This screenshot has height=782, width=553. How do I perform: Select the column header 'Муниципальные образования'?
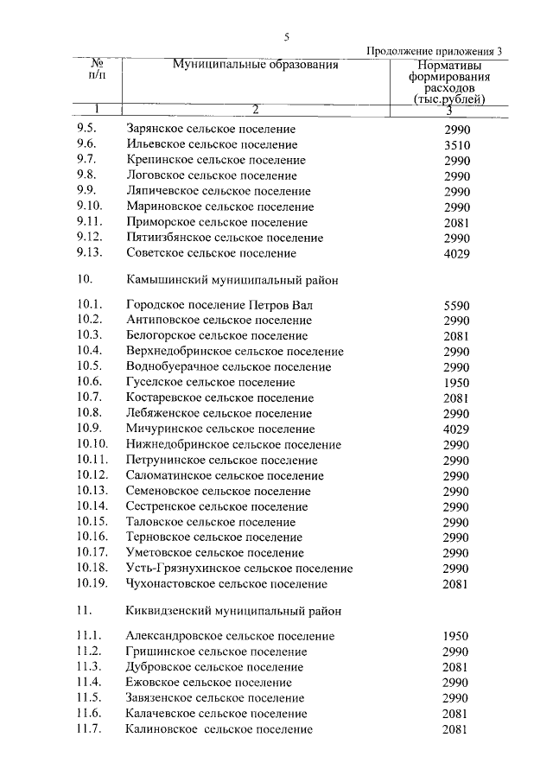point(255,65)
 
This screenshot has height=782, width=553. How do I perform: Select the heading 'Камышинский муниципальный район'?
point(232,281)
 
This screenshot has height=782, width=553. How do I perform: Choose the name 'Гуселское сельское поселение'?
point(210,383)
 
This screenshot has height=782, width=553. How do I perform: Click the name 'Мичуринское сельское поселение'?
point(219,429)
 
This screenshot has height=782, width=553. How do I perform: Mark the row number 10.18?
point(92,569)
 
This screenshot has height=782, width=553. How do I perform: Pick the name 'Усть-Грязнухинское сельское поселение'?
point(238,569)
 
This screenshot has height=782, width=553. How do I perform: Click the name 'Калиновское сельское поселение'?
point(219,730)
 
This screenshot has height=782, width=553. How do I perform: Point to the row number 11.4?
point(90,683)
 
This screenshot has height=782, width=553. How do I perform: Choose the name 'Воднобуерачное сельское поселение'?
point(228,367)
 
